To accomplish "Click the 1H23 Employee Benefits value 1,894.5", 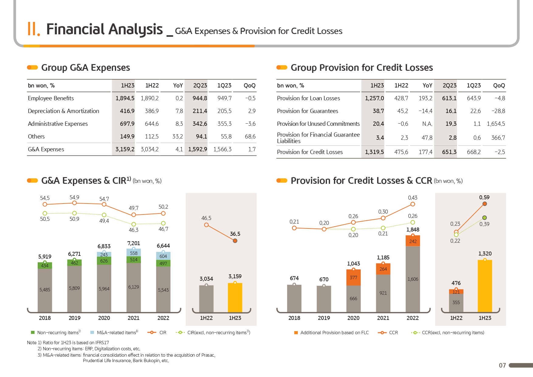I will pos(125,98).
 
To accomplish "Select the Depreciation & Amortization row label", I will pos(63,111).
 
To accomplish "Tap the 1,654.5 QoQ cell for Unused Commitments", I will pos(496,124).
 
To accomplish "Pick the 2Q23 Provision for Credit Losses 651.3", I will pos(449,152).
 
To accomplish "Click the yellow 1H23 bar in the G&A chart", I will pos(235,297).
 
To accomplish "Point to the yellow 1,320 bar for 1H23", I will pos(485,286).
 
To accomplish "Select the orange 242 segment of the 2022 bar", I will pos(413,241).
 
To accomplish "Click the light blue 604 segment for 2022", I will pos(163,256).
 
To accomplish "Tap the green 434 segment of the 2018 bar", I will pos(45,266).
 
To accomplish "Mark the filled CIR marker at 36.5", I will pos(235,241).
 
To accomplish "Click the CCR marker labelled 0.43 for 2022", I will pos(413,204).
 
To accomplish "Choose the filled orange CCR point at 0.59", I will pos(485,204).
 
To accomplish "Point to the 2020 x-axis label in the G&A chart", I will pos(104,318).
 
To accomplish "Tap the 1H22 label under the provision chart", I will pos(456,318).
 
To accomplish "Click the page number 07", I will pos(502,365).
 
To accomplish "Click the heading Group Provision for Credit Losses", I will pos(362,67).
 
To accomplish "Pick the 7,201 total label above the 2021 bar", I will pos(133,243).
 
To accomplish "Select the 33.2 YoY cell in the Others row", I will pos(177,136).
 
